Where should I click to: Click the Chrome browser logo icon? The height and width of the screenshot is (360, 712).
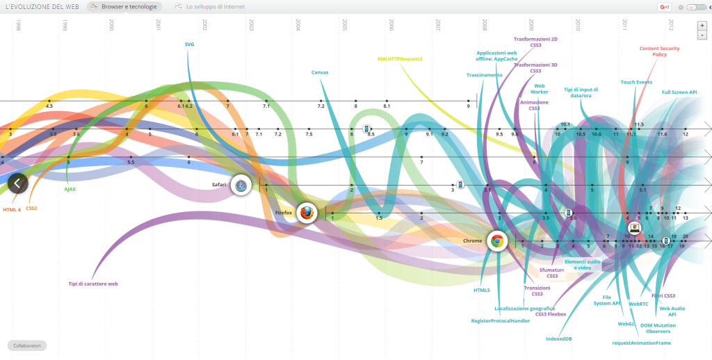click(x=496, y=240)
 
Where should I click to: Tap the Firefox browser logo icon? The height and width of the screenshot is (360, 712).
click(x=306, y=213)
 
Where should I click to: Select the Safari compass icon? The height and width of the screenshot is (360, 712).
click(x=241, y=184)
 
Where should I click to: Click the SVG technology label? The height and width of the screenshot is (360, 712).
click(x=189, y=44)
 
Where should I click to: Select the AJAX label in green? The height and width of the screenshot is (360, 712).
click(x=70, y=189)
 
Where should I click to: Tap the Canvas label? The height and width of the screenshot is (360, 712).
click(x=320, y=72)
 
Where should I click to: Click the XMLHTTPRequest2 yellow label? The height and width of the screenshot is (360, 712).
click(x=400, y=59)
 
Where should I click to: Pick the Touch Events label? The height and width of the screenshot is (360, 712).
click(x=636, y=82)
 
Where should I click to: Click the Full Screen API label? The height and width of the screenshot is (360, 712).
click(x=679, y=92)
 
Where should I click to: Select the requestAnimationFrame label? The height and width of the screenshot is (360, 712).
click(x=641, y=343)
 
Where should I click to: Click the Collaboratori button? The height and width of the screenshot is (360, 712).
click(x=27, y=345)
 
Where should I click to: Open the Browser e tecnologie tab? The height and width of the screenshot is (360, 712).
click(x=126, y=7)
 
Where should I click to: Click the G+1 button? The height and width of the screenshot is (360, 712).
click(x=665, y=7)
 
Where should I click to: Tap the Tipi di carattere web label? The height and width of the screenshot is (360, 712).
click(x=93, y=284)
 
